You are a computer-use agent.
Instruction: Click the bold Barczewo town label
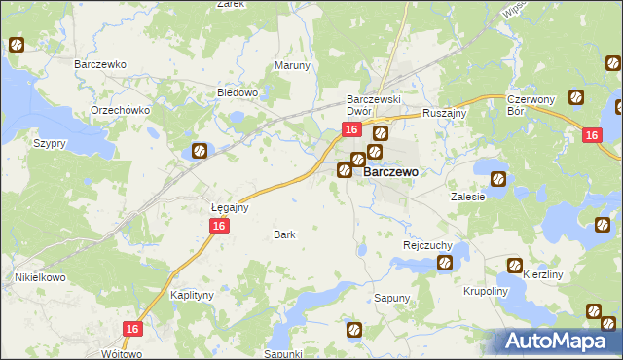click(390, 171)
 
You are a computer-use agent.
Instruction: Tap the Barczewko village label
click(101, 64)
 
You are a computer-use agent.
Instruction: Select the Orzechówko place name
click(120, 110)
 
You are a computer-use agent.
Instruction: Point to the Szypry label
click(49, 143)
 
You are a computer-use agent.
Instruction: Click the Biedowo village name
click(237, 93)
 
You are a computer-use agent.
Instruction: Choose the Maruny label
click(292, 66)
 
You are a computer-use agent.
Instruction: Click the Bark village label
click(284, 234)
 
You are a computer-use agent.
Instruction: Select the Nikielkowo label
click(39, 277)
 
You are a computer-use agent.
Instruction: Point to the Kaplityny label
click(192, 294)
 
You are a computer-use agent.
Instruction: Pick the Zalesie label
click(467, 196)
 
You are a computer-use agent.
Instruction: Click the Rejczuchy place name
click(424, 246)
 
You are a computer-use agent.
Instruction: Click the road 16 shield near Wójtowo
click(133, 330)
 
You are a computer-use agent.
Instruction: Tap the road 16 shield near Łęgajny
click(219, 226)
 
